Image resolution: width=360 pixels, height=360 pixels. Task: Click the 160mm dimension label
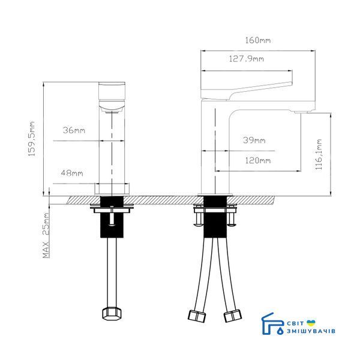click(257, 40)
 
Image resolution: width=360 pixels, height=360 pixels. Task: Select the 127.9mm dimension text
click(247, 59)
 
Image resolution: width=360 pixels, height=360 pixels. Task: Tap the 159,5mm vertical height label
click(31, 139)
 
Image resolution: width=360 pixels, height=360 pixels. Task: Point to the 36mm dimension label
click(74, 130)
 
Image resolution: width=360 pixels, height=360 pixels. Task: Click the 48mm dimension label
click(72, 173)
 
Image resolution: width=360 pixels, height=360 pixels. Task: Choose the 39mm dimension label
click(254, 140)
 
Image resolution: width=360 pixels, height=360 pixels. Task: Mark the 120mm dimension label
click(257, 160)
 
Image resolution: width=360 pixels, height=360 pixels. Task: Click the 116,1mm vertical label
click(319, 154)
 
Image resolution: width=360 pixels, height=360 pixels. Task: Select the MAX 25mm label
click(46, 235)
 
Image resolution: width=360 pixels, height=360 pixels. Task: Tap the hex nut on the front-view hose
click(112, 313)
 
